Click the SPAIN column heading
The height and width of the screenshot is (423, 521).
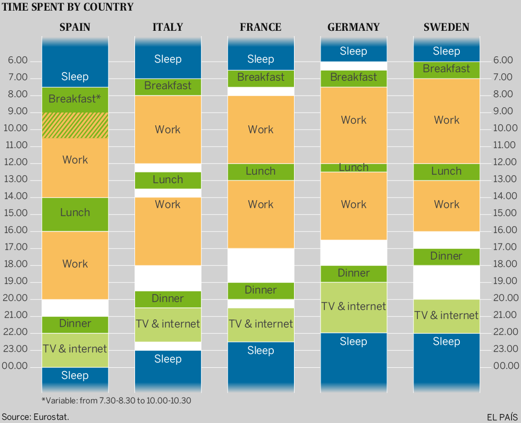point(75,27)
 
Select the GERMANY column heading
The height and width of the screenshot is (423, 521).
point(354,27)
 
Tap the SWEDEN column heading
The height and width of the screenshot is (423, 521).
point(447,27)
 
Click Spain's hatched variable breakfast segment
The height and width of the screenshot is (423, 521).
point(75,125)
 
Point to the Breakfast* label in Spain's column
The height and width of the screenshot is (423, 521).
point(75,99)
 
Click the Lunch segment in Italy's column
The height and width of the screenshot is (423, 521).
point(168,180)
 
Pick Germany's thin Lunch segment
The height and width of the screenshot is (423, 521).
point(354,168)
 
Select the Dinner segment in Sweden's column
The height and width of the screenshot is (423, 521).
point(447,256)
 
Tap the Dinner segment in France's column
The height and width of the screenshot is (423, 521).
point(260,290)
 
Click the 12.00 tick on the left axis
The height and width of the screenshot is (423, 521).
point(18,162)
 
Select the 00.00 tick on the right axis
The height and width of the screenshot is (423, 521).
point(506,366)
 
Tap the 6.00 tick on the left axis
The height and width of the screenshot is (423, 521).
point(18,61)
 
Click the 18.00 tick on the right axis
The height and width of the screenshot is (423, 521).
point(506,264)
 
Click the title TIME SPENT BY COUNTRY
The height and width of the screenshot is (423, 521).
point(68,7)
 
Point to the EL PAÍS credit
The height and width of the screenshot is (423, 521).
point(502,417)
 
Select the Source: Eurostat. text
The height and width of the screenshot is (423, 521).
point(35,417)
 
